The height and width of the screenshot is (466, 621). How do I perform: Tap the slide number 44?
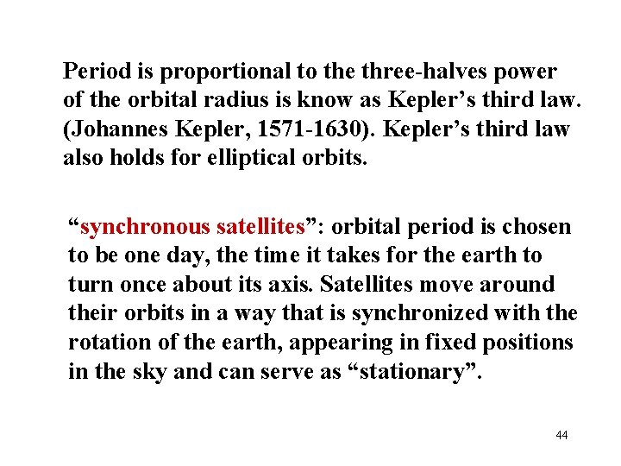(x=561, y=435)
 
